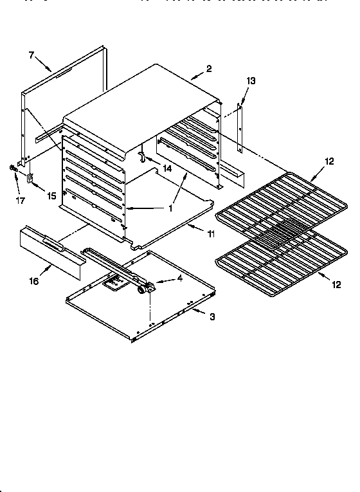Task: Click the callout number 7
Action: [x=31, y=55]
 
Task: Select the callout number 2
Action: [x=209, y=69]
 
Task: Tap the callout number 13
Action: [x=251, y=80]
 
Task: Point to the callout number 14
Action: [x=167, y=169]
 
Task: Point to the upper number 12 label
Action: [x=329, y=161]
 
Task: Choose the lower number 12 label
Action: [x=336, y=283]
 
